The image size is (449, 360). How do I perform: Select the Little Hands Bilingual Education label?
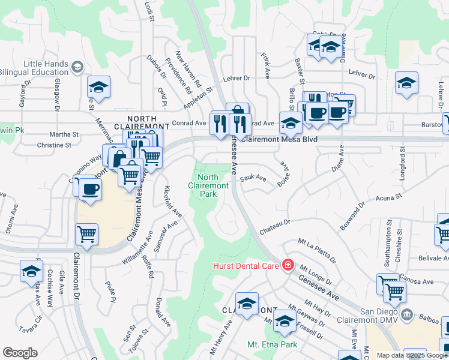[x=46, y=68]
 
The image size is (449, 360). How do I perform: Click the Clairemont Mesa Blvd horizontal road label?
[x=281, y=139]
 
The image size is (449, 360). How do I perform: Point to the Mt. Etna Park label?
[x=272, y=345]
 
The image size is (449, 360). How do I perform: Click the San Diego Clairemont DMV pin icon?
[x=407, y=314]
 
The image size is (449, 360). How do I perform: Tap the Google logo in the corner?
[x=20, y=352]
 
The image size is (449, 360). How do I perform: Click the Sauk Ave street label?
[x=253, y=178]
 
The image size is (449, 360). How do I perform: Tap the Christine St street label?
[x=58, y=145]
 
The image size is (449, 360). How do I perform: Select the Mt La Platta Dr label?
[x=316, y=250]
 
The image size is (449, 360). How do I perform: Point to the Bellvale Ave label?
[x=433, y=257]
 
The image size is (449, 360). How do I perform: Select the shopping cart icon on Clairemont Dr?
[x=86, y=235]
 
